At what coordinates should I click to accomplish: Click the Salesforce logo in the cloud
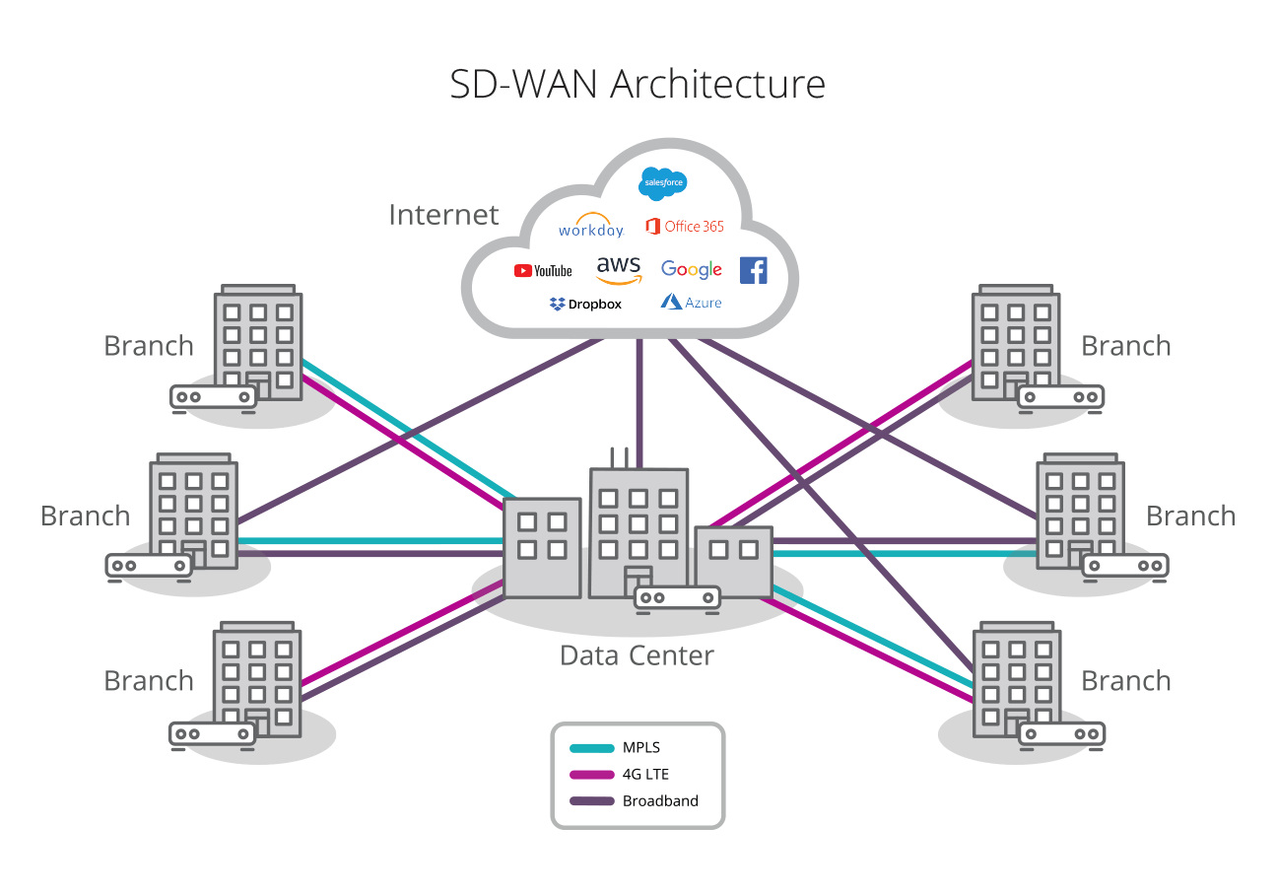pos(663,183)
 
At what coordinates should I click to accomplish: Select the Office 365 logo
pos(685,227)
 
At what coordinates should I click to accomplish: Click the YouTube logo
pos(543,270)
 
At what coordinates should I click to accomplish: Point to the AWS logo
pos(619,269)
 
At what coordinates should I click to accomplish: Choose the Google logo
pos(692,270)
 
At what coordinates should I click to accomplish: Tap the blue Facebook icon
pos(753,270)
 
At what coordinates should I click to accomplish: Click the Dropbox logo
pos(586,304)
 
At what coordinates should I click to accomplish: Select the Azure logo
pos(691,302)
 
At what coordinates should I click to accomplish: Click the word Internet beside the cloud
pos(443,215)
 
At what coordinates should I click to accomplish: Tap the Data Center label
pos(637,655)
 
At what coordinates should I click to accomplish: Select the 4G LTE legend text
pos(645,775)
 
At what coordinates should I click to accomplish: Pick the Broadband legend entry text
pos(660,801)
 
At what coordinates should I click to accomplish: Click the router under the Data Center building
pos(677,597)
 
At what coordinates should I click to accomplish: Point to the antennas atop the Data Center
pos(619,457)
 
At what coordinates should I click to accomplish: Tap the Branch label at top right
pos(1125,346)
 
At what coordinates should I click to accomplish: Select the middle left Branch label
pos(85,516)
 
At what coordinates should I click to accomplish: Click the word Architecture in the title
pos(717,84)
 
